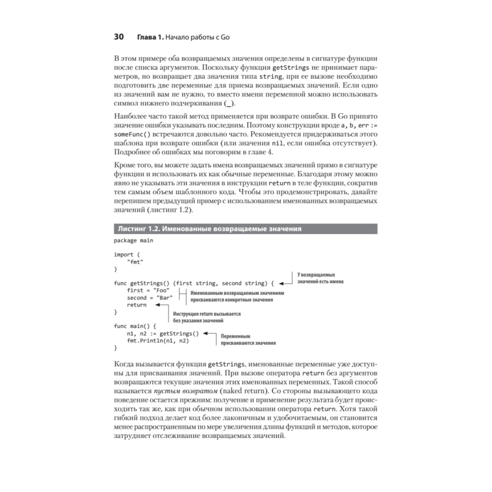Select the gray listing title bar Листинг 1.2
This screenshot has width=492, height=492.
pos(245,229)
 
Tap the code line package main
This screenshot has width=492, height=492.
pos(133,241)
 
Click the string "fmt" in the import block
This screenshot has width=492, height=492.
pos(135,262)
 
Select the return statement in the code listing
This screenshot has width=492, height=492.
pos(136,305)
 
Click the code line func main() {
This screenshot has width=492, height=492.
pos(135,326)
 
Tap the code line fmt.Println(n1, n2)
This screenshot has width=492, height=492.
pos(157,340)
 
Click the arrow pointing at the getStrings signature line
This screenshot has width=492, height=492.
pos(284,283)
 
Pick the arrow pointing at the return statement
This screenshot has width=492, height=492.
pos(160,305)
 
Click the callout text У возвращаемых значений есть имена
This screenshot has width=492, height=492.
pos(320,278)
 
